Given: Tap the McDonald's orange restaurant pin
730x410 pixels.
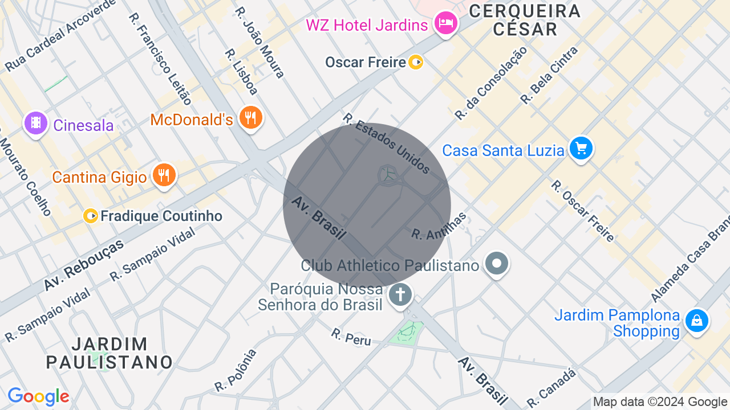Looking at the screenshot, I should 250,118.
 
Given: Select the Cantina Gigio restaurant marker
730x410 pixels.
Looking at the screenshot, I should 164,175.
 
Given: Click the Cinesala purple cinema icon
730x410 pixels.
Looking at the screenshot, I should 36,123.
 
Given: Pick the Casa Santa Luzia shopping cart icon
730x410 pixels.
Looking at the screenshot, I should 581,149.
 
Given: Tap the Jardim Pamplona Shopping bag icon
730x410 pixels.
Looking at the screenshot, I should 696,321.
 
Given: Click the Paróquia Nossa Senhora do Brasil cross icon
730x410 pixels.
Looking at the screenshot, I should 400,295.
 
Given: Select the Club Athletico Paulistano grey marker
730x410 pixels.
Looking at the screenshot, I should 497,263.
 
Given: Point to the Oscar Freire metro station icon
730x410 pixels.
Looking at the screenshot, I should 416,62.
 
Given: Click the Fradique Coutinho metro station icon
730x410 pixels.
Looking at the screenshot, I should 91,216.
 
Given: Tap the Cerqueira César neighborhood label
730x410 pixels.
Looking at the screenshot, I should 525,20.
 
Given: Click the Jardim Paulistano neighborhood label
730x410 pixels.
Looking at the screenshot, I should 109,353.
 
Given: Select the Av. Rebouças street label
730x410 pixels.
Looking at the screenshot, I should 84,266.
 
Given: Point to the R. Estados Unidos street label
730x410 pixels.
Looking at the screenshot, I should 386,142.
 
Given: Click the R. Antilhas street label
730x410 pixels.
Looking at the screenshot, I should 439,227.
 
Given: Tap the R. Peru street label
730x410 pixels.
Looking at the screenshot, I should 351,337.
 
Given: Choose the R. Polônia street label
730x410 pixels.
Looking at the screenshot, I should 236,371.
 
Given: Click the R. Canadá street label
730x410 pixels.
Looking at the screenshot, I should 551,388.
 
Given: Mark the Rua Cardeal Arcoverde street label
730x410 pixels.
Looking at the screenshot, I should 60,35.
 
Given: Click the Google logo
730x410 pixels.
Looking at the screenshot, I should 38,397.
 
